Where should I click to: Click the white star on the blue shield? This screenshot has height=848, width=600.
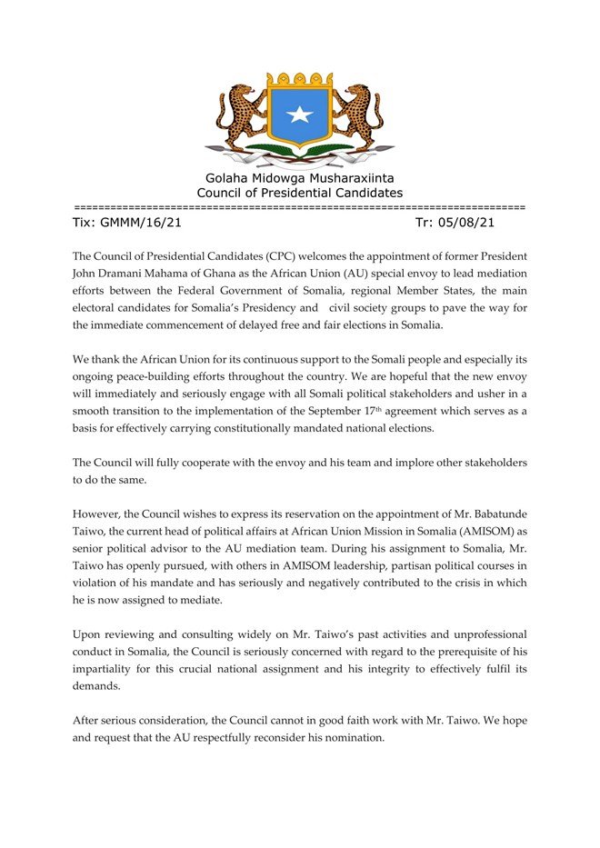(x=299, y=115)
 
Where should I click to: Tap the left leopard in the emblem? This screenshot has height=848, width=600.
(x=240, y=116)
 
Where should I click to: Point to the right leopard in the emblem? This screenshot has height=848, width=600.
(x=359, y=116)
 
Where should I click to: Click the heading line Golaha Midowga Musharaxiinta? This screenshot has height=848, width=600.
(x=299, y=177)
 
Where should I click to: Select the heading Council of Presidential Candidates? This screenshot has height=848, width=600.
(x=299, y=193)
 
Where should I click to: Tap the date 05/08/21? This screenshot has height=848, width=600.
(x=466, y=222)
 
